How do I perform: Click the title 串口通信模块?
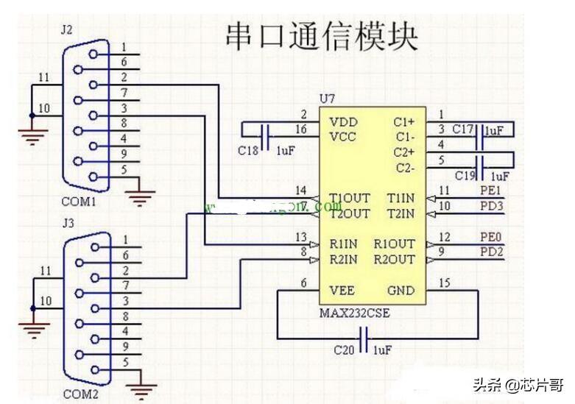[x=321, y=35]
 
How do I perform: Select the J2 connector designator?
[x=67, y=30]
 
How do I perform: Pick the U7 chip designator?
[x=326, y=99]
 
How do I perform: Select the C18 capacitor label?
[x=247, y=150]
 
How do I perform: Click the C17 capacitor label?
[x=462, y=130]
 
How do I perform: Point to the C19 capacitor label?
[x=464, y=176]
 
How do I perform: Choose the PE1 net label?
[x=493, y=191]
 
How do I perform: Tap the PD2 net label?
[x=493, y=252]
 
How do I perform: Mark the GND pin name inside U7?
[x=401, y=290]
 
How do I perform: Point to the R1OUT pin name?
[x=395, y=244]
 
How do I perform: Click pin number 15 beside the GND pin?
[x=443, y=283]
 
